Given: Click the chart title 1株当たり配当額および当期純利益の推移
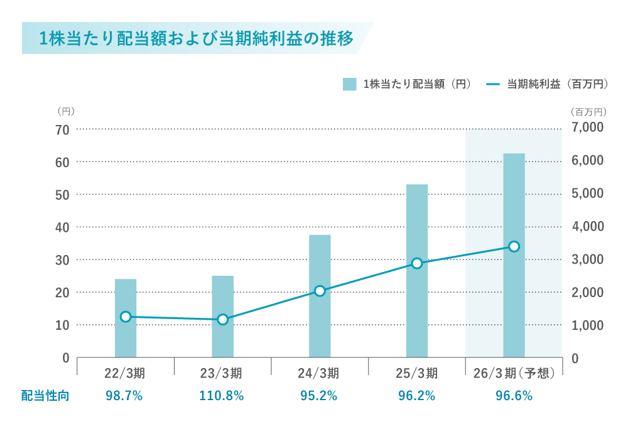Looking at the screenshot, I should pos(197,38).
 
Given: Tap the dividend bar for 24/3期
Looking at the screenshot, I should pos(320,296).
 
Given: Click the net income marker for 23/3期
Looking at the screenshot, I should pos(222,319).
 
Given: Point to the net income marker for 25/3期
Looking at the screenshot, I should pos(417,263).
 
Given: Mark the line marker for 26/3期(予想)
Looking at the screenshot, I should pos(514,246).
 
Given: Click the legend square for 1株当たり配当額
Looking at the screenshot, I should pos(350,84).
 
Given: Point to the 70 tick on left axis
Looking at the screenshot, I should pos(62,129).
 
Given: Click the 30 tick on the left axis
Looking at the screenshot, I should pos(62,259).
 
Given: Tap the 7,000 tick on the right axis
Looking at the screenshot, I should pos(588,128).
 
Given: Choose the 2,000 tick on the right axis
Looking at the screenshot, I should pos(588,292).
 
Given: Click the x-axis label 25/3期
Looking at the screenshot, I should pos(417,373).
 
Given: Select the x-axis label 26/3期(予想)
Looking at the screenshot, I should pos(514,373).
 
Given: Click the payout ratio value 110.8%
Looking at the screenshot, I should pos(222,396).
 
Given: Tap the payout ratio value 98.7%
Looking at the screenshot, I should pos(126,396).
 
